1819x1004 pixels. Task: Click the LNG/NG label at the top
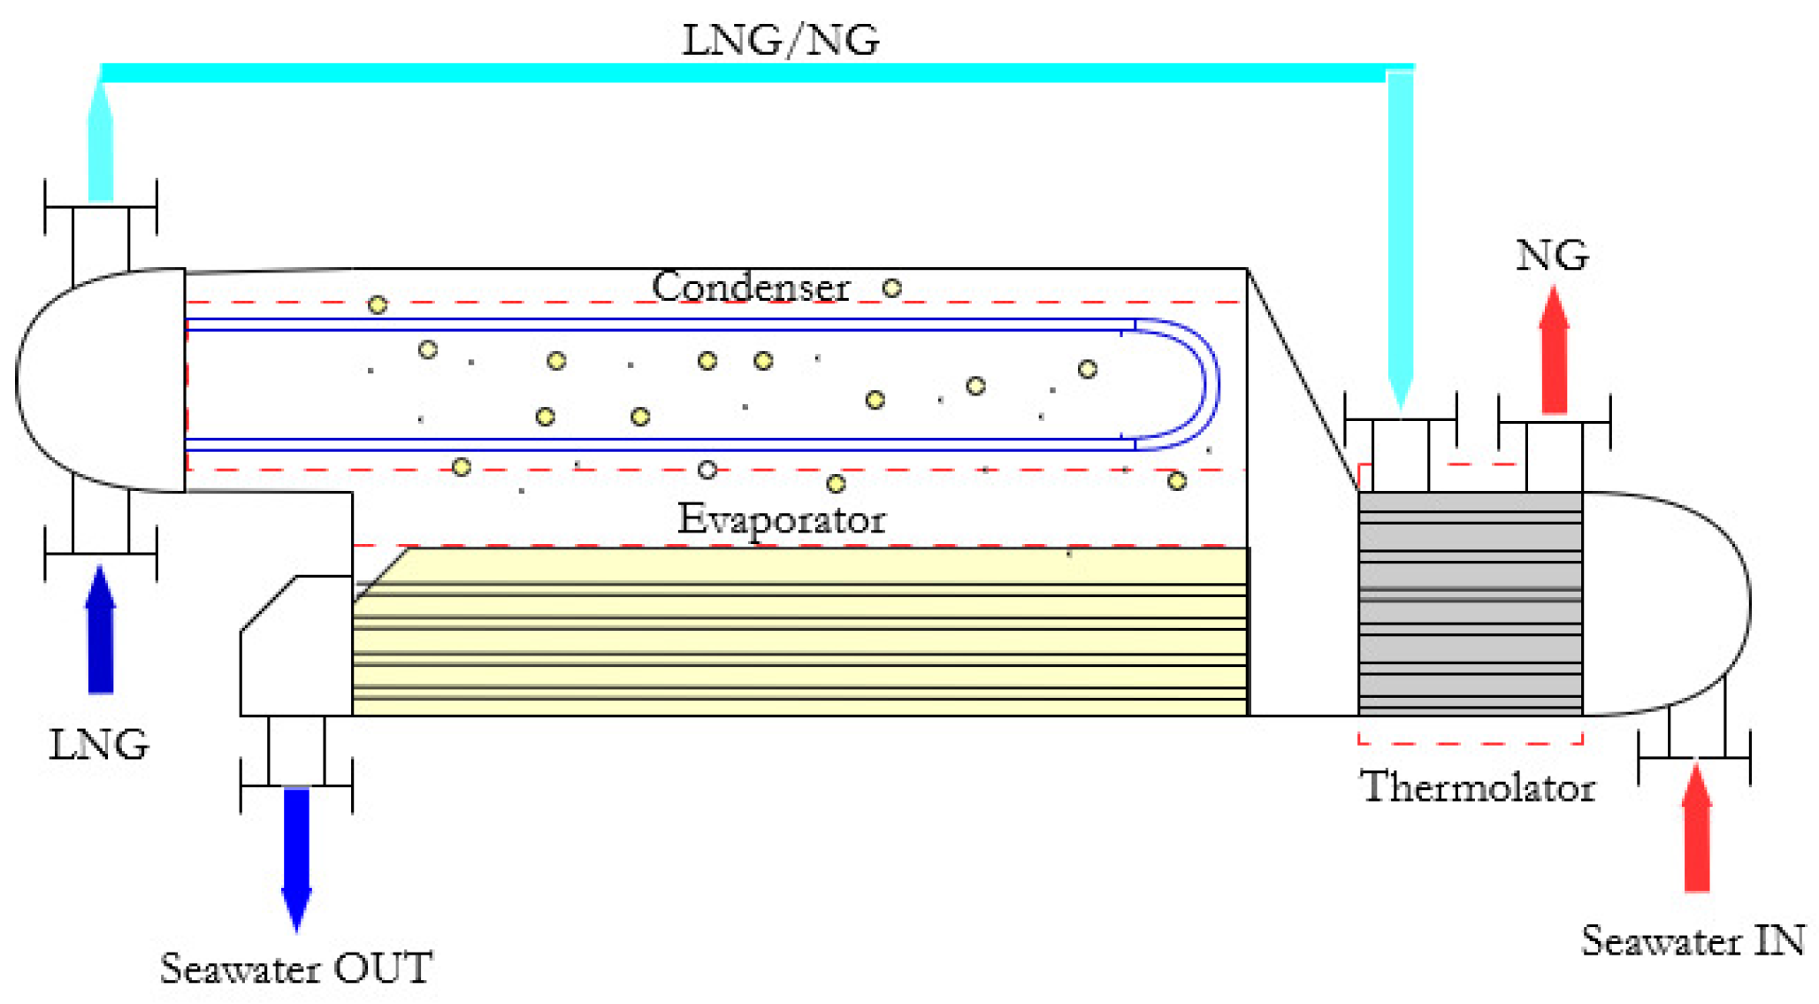(780, 40)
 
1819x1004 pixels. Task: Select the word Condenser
(750, 286)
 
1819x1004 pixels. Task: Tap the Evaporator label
(781, 518)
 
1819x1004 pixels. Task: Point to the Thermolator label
(1477, 786)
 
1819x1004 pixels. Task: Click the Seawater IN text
(1693, 940)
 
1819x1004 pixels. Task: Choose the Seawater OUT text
(296, 968)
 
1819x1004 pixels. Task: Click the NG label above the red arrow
(1552, 255)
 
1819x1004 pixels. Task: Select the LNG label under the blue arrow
(99, 745)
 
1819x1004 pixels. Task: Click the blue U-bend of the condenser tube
(1203, 384)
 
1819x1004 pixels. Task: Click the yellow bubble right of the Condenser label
(891, 287)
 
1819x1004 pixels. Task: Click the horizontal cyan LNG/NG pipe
(743, 73)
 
